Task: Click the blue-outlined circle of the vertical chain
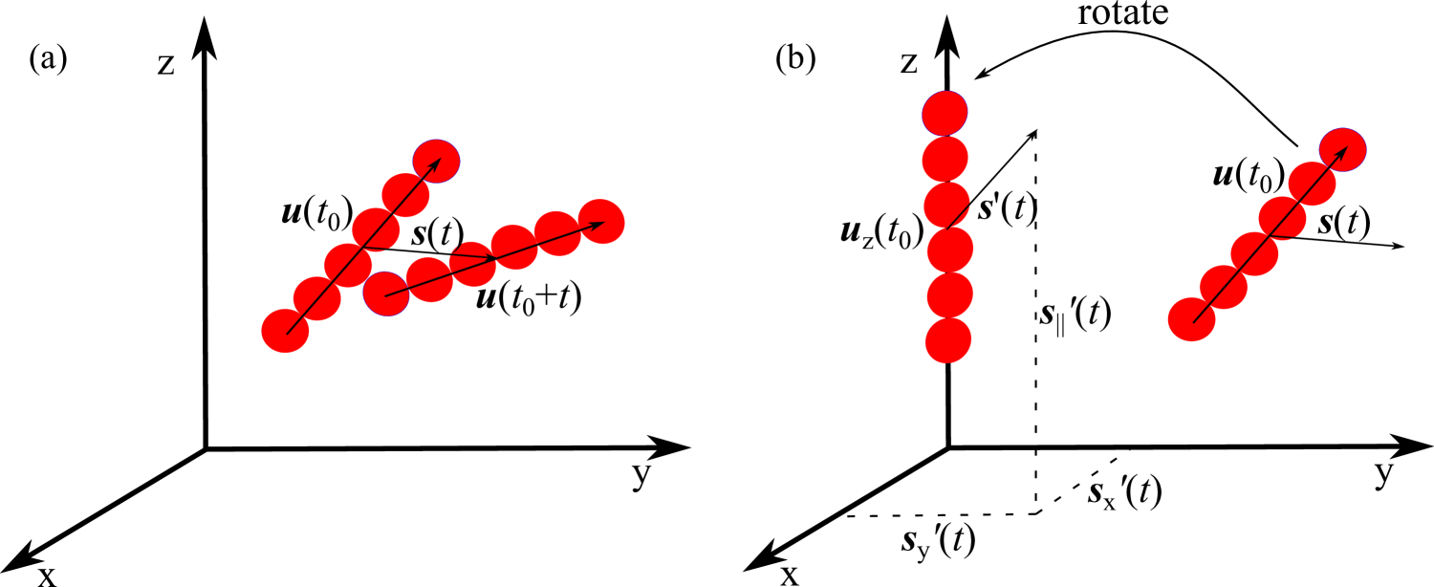coord(945,114)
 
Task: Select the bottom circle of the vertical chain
coord(948,340)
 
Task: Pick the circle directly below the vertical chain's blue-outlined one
coord(945,159)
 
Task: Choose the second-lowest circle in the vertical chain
coord(949,295)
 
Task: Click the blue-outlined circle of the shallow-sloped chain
coord(386,293)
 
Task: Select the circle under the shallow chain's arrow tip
coord(601,222)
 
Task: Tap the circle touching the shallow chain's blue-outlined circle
coord(429,280)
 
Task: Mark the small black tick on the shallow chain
coord(471,254)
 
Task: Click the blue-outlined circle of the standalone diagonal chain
coord(1342,150)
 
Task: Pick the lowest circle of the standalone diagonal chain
coord(1191,319)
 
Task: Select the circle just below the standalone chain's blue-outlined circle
coord(1312,184)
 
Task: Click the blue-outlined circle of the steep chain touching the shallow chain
coord(436,162)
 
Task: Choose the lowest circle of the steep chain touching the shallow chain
coord(285,331)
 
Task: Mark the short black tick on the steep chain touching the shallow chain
coord(374,249)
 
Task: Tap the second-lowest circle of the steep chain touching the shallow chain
coord(317,298)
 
